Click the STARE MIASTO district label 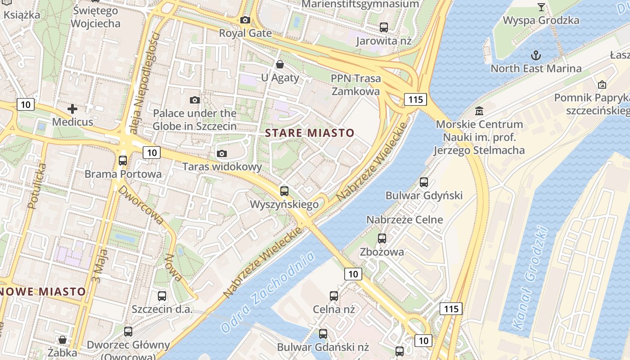click(310, 133)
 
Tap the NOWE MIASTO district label click(43, 292)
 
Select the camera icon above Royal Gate click(245, 20)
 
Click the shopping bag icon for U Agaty click(280, 64)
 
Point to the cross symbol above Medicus click(72, 108)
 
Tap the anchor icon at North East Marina click(535, 55)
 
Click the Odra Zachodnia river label click(268, 292)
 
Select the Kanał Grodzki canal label click(531, 277)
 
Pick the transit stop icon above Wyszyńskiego click(284, 191)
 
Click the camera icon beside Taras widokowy click(221, 153)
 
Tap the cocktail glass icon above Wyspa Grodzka click(541, 7)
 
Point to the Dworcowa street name click(140, 204)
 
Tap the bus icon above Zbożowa click(382, 238)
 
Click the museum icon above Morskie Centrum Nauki click(479, 111)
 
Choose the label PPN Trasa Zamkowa click(355, 85)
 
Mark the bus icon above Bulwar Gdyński click(424, 182)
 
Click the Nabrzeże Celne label click(405, 220)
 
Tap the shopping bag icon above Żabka click(63, 339)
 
